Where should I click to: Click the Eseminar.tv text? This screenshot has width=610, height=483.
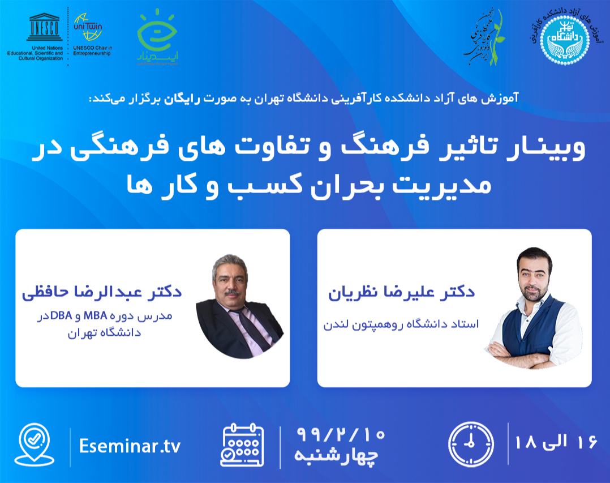[x=130, y=446]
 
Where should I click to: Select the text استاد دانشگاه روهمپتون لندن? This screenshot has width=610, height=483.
[x=401, y=324]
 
